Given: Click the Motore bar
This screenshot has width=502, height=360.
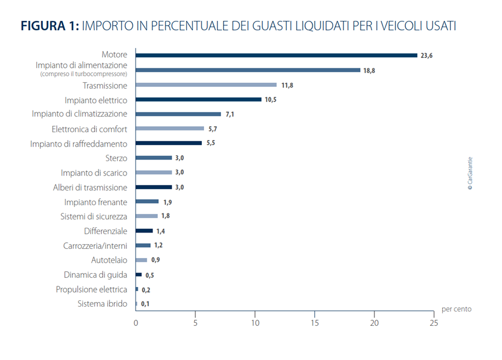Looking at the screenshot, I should pos(277,55).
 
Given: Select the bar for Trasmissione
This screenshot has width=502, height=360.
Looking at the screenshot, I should pos(206,85).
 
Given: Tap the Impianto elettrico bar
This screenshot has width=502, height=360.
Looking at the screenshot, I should pos(198,99).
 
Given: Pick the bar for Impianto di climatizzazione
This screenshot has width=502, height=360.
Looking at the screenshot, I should pos(178,114).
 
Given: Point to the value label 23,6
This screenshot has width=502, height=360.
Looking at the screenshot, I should pos(427,56).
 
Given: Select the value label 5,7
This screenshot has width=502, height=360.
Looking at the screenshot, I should pos(213,129).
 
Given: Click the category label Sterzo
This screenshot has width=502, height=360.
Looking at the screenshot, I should pos(115,158).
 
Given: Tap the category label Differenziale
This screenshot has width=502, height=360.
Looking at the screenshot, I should pos(106,231).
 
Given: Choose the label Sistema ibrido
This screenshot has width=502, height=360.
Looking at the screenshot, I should pos(102,304).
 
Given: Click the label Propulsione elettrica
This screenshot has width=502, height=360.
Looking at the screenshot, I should pos(92,289).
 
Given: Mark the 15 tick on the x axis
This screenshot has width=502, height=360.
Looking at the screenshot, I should pos(315,323).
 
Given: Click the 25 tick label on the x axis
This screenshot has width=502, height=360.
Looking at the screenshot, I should pos(434,323).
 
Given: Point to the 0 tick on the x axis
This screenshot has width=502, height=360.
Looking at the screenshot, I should pos(136,323).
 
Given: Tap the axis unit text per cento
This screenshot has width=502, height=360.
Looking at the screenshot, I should pos(456,309).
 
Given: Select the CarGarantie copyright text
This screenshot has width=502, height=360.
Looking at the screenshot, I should pos(470,173).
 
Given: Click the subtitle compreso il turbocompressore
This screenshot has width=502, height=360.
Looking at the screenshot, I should pos(83,74).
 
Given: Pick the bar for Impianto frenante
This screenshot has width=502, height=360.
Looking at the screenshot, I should pos(147,202).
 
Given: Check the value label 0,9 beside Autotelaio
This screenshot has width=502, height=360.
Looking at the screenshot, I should pos(155,260).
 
